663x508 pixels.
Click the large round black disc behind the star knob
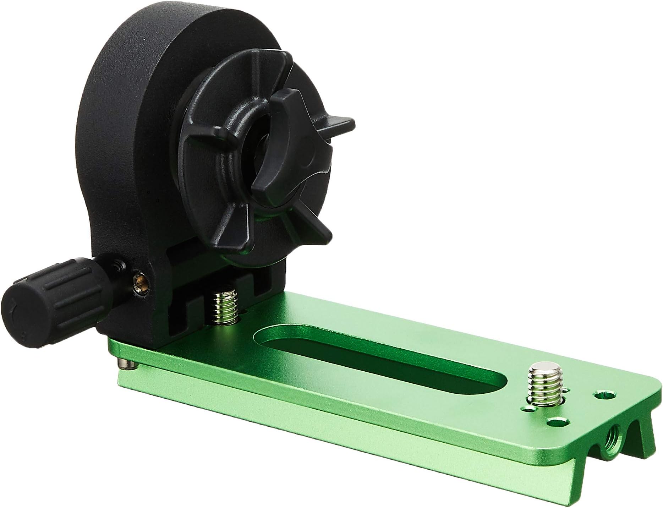(x=142, y=117)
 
